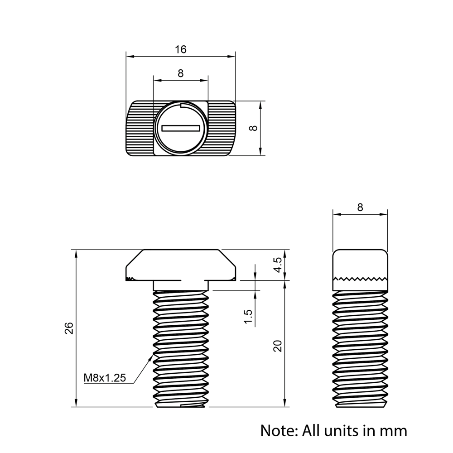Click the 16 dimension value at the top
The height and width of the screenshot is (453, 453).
(x=181, y=50)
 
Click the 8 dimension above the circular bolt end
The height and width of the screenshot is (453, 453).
(x=181, y=73)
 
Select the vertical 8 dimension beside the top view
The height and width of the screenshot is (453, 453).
(x=254, y=128)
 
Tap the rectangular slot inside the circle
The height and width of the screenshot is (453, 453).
(x=181, y=129)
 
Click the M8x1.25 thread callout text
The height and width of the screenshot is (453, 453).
(x=105, y=377)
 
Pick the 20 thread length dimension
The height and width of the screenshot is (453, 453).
(x=278, y=346)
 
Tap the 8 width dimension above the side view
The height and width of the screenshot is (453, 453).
(x=360, y=207)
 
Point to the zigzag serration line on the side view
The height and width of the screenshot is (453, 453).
(x=361, y=278)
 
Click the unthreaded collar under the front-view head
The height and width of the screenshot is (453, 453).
(x=180, y=285)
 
